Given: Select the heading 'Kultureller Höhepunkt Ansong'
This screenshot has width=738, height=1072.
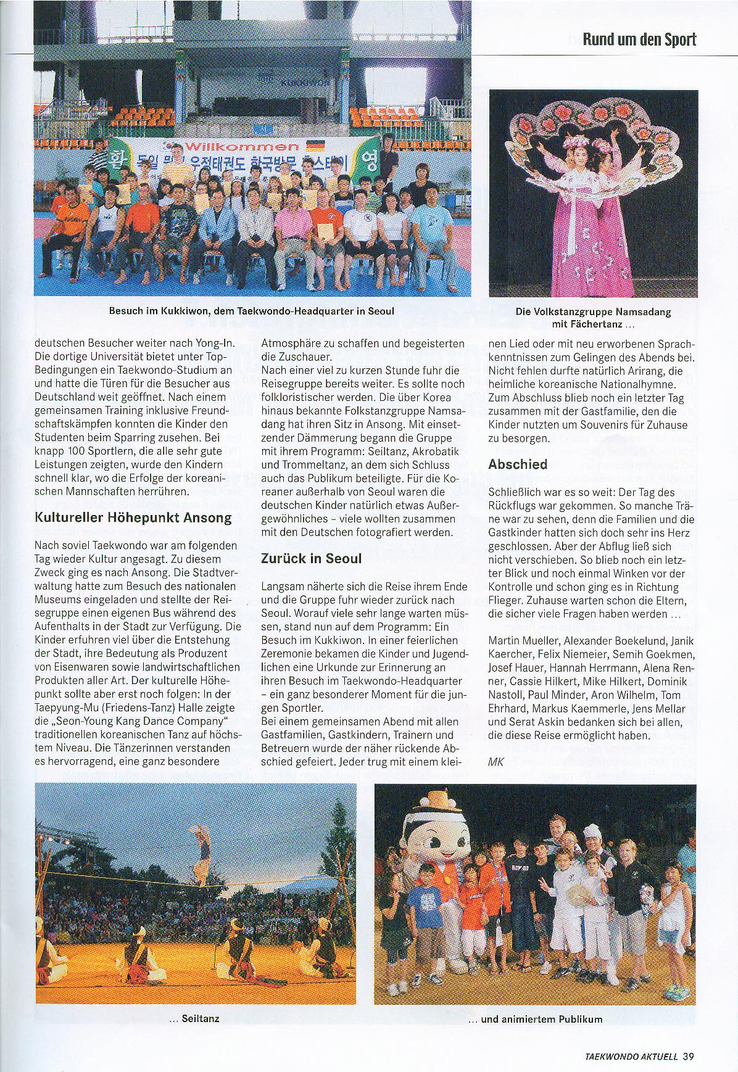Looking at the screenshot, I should [x=133, y=517].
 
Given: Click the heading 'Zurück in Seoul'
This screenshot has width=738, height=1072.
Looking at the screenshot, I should [x=312, y=558].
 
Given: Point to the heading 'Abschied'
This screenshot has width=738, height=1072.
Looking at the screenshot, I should [x=518, y=464].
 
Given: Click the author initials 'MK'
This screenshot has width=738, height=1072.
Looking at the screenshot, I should [x=496, y=761].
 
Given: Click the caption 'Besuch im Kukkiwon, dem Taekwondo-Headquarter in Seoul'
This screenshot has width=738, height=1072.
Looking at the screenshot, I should [x=252, y=311].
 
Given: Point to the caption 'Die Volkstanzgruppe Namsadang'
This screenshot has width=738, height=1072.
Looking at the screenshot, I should [x=593, y=312].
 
